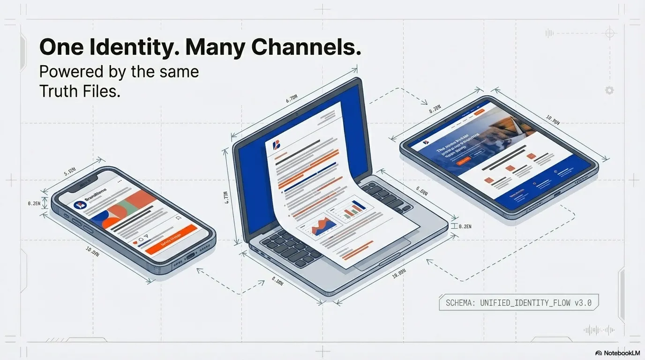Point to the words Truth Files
80,91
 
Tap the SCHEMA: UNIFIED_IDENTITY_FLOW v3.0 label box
518,303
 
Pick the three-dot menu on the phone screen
120,181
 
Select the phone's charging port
190,256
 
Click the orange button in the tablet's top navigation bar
479,112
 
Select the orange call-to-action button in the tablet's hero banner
463,160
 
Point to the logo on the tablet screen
426,142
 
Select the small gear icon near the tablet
609,90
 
